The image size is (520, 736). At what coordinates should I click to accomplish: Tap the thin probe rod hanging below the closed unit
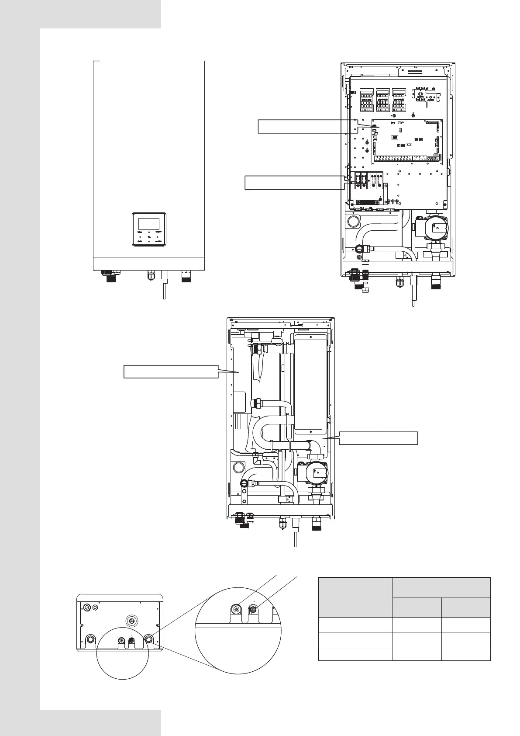164,288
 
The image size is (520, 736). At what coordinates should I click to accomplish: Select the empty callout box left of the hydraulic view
171,371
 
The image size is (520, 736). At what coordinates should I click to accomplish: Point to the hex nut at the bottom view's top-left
89,607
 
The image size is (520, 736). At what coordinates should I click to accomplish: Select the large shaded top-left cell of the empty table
355,597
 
